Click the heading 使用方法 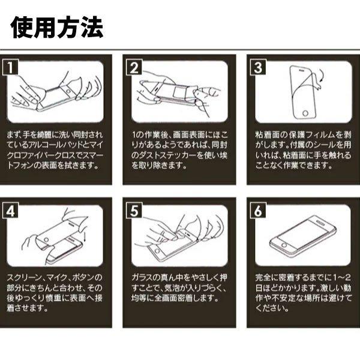coord(57,27)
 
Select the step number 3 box coord(258,67)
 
